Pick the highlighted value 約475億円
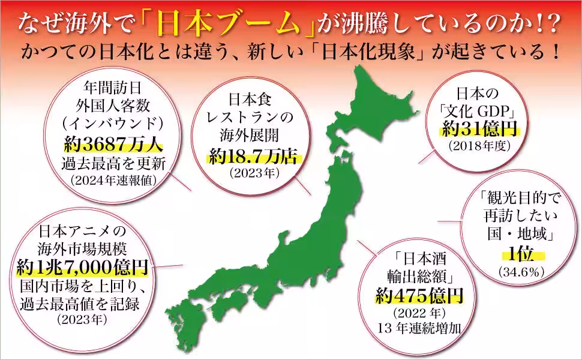point(419,294)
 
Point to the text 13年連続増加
point(419,328)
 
